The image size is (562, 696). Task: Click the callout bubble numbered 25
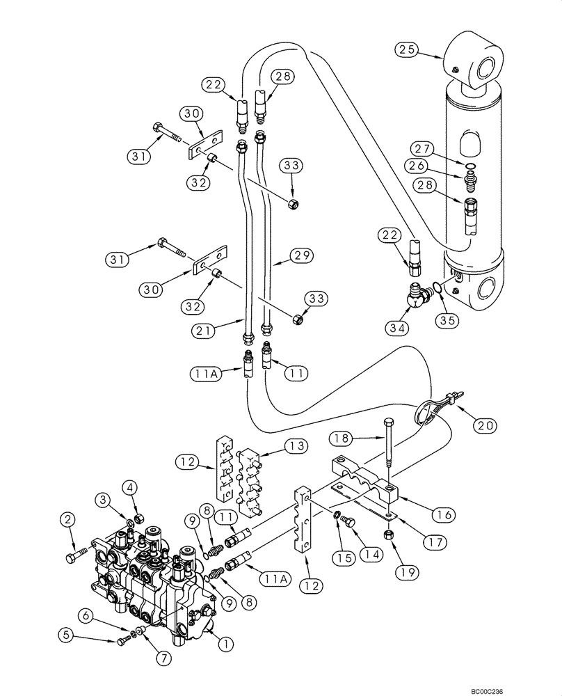[x=408, y=50]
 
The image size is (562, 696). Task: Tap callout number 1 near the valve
[x=225, y=644]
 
